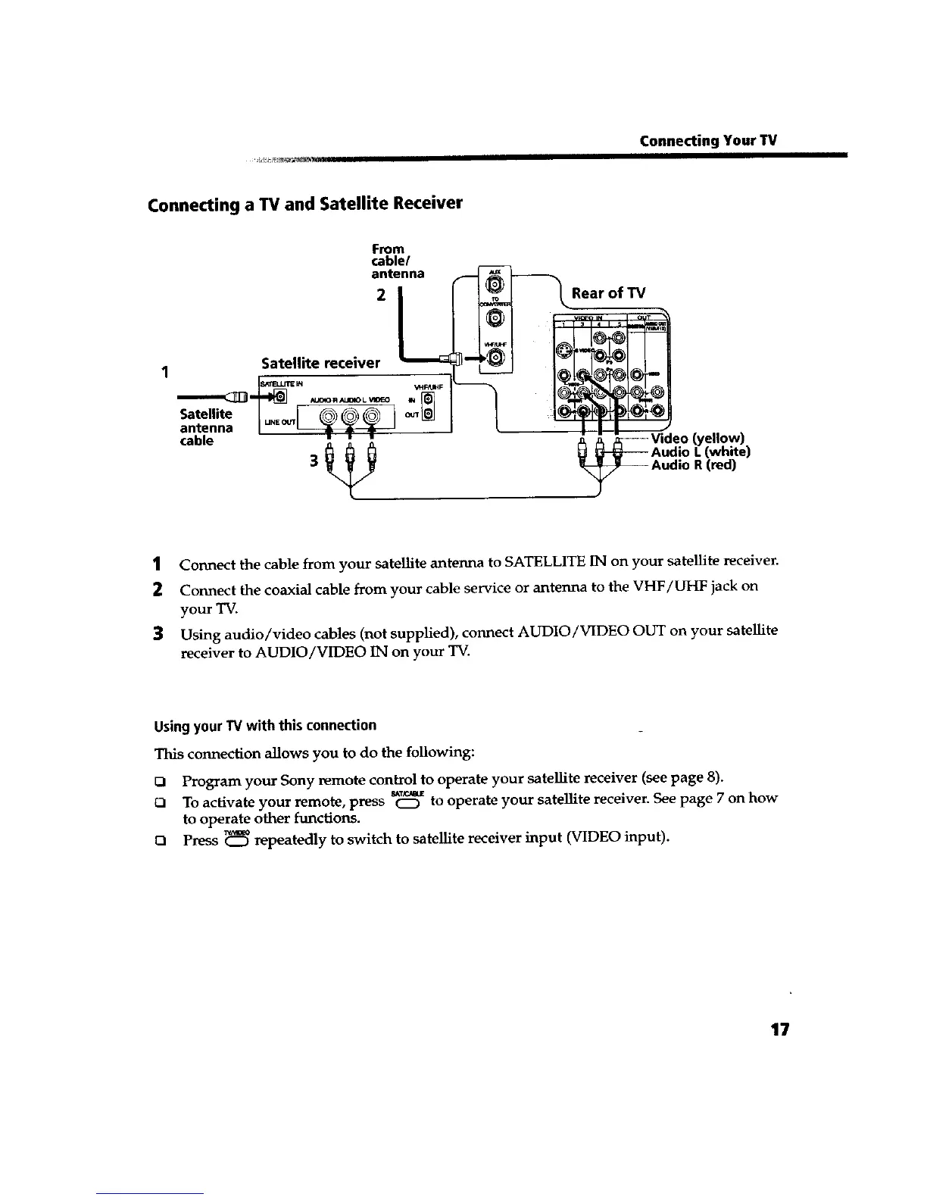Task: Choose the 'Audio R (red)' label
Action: point(694,465)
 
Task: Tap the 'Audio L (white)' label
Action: point(701,452)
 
